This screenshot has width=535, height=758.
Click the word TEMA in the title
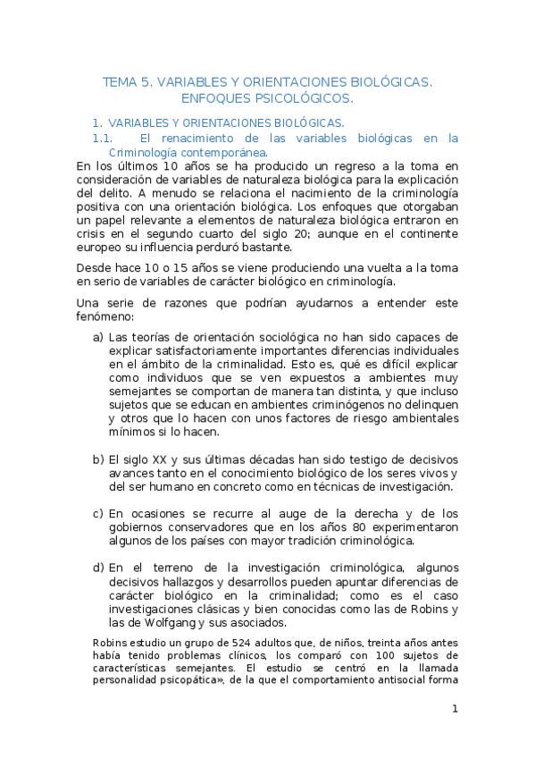tap(120, 81)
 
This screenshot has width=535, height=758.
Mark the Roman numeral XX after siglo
tap(157, 459)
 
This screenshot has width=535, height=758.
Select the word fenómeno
tap(104, 316)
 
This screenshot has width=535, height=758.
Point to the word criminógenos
tap(313, 403)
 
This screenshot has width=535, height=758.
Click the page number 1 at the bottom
tap(455, 710)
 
